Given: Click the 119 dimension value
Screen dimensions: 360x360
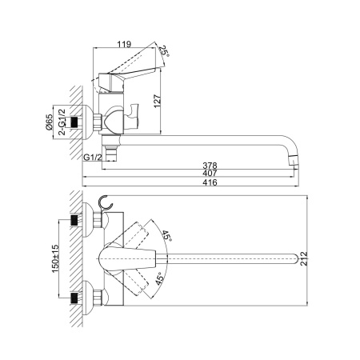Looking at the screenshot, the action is point(125,44).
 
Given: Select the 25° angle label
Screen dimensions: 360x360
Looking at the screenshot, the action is point(164,51).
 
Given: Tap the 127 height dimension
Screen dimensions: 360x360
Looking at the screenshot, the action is point(157,101).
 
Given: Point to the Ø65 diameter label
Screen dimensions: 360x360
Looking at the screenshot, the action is point(49,122).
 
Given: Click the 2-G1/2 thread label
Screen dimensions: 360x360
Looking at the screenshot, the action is point(62,122).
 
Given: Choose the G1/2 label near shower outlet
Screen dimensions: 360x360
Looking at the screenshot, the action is point(93,158).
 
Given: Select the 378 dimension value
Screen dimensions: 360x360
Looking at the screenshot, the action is point(210,166).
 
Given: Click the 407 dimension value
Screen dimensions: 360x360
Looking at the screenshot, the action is point(210,173).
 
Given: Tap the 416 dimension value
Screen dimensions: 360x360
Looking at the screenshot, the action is point(210,182).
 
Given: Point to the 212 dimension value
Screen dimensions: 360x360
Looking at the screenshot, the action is point(304,258).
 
